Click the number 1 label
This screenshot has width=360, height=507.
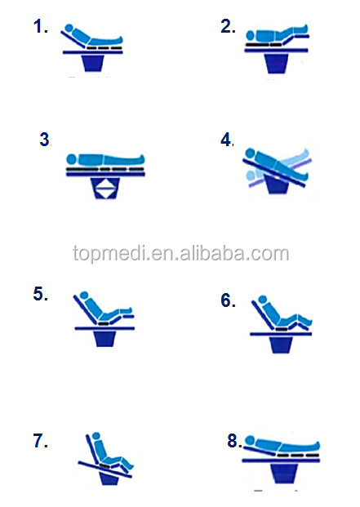(40, 26)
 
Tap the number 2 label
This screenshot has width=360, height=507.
(228, 26)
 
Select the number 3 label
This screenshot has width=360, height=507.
(45, 140)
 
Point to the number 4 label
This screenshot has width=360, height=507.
(227, 140)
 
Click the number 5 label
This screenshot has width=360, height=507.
(40, 294)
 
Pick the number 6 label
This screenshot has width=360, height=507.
(228, 300)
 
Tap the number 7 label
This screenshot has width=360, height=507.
(40, 441)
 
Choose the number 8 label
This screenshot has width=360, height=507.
(234, 441)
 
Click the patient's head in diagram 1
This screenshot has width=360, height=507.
(69, 28)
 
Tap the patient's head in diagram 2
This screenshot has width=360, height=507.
(251, 34)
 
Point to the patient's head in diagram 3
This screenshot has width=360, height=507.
(71, 159)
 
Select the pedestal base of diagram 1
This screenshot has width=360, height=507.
(93, 63)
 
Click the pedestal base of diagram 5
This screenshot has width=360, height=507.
(105, 339)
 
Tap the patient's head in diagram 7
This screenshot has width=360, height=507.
(96, 436)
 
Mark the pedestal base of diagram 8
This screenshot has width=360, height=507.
(284, 474)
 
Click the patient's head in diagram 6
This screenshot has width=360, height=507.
(263, 299)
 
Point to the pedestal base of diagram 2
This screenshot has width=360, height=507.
(276, 64)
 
